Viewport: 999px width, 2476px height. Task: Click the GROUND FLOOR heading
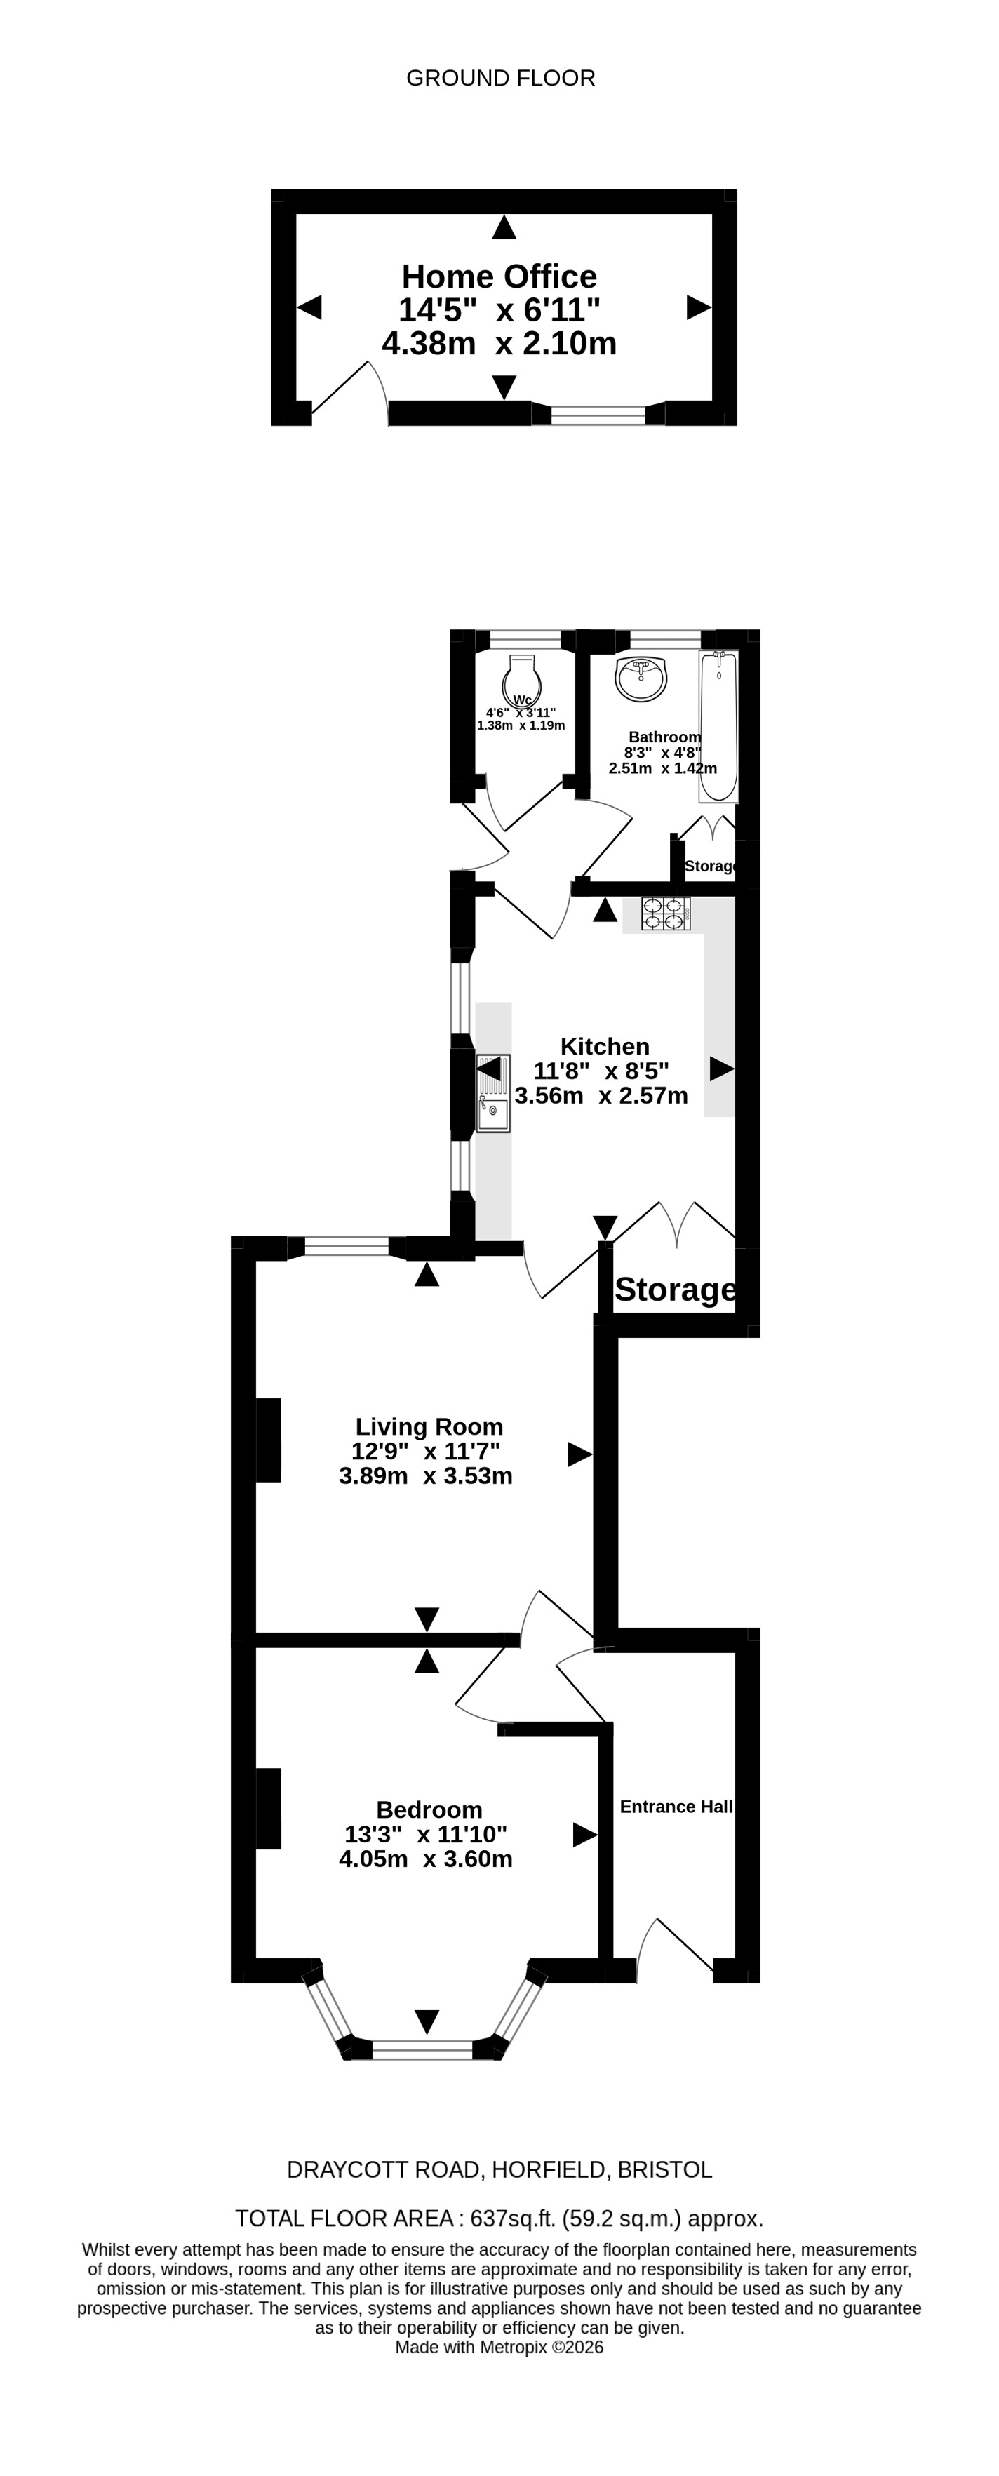(x=500, y=78)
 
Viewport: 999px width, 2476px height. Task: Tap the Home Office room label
(x=499, y=277)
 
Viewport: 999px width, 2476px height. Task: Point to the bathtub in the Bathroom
(x=718, y=725)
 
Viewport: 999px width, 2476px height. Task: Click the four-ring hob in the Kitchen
(x=665, y=913)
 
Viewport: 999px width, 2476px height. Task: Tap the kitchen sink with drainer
(x=493, y=1093)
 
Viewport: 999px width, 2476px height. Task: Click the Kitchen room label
(x=605, y=1047)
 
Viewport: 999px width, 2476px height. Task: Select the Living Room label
(x=429, y=1427)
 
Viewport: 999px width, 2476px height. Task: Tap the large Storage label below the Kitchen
(x=676, y=1290)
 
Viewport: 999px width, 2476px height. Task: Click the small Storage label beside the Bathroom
(x=711, y=866)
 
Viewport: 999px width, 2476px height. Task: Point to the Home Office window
(x=598, y=415)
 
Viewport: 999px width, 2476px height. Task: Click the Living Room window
(x=346, y=1247)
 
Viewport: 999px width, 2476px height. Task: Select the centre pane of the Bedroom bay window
(x=422, y=2049)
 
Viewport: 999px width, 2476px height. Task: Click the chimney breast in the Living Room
(x=268, y=1440)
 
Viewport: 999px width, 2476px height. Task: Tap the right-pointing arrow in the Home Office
(x=699, y=307)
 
